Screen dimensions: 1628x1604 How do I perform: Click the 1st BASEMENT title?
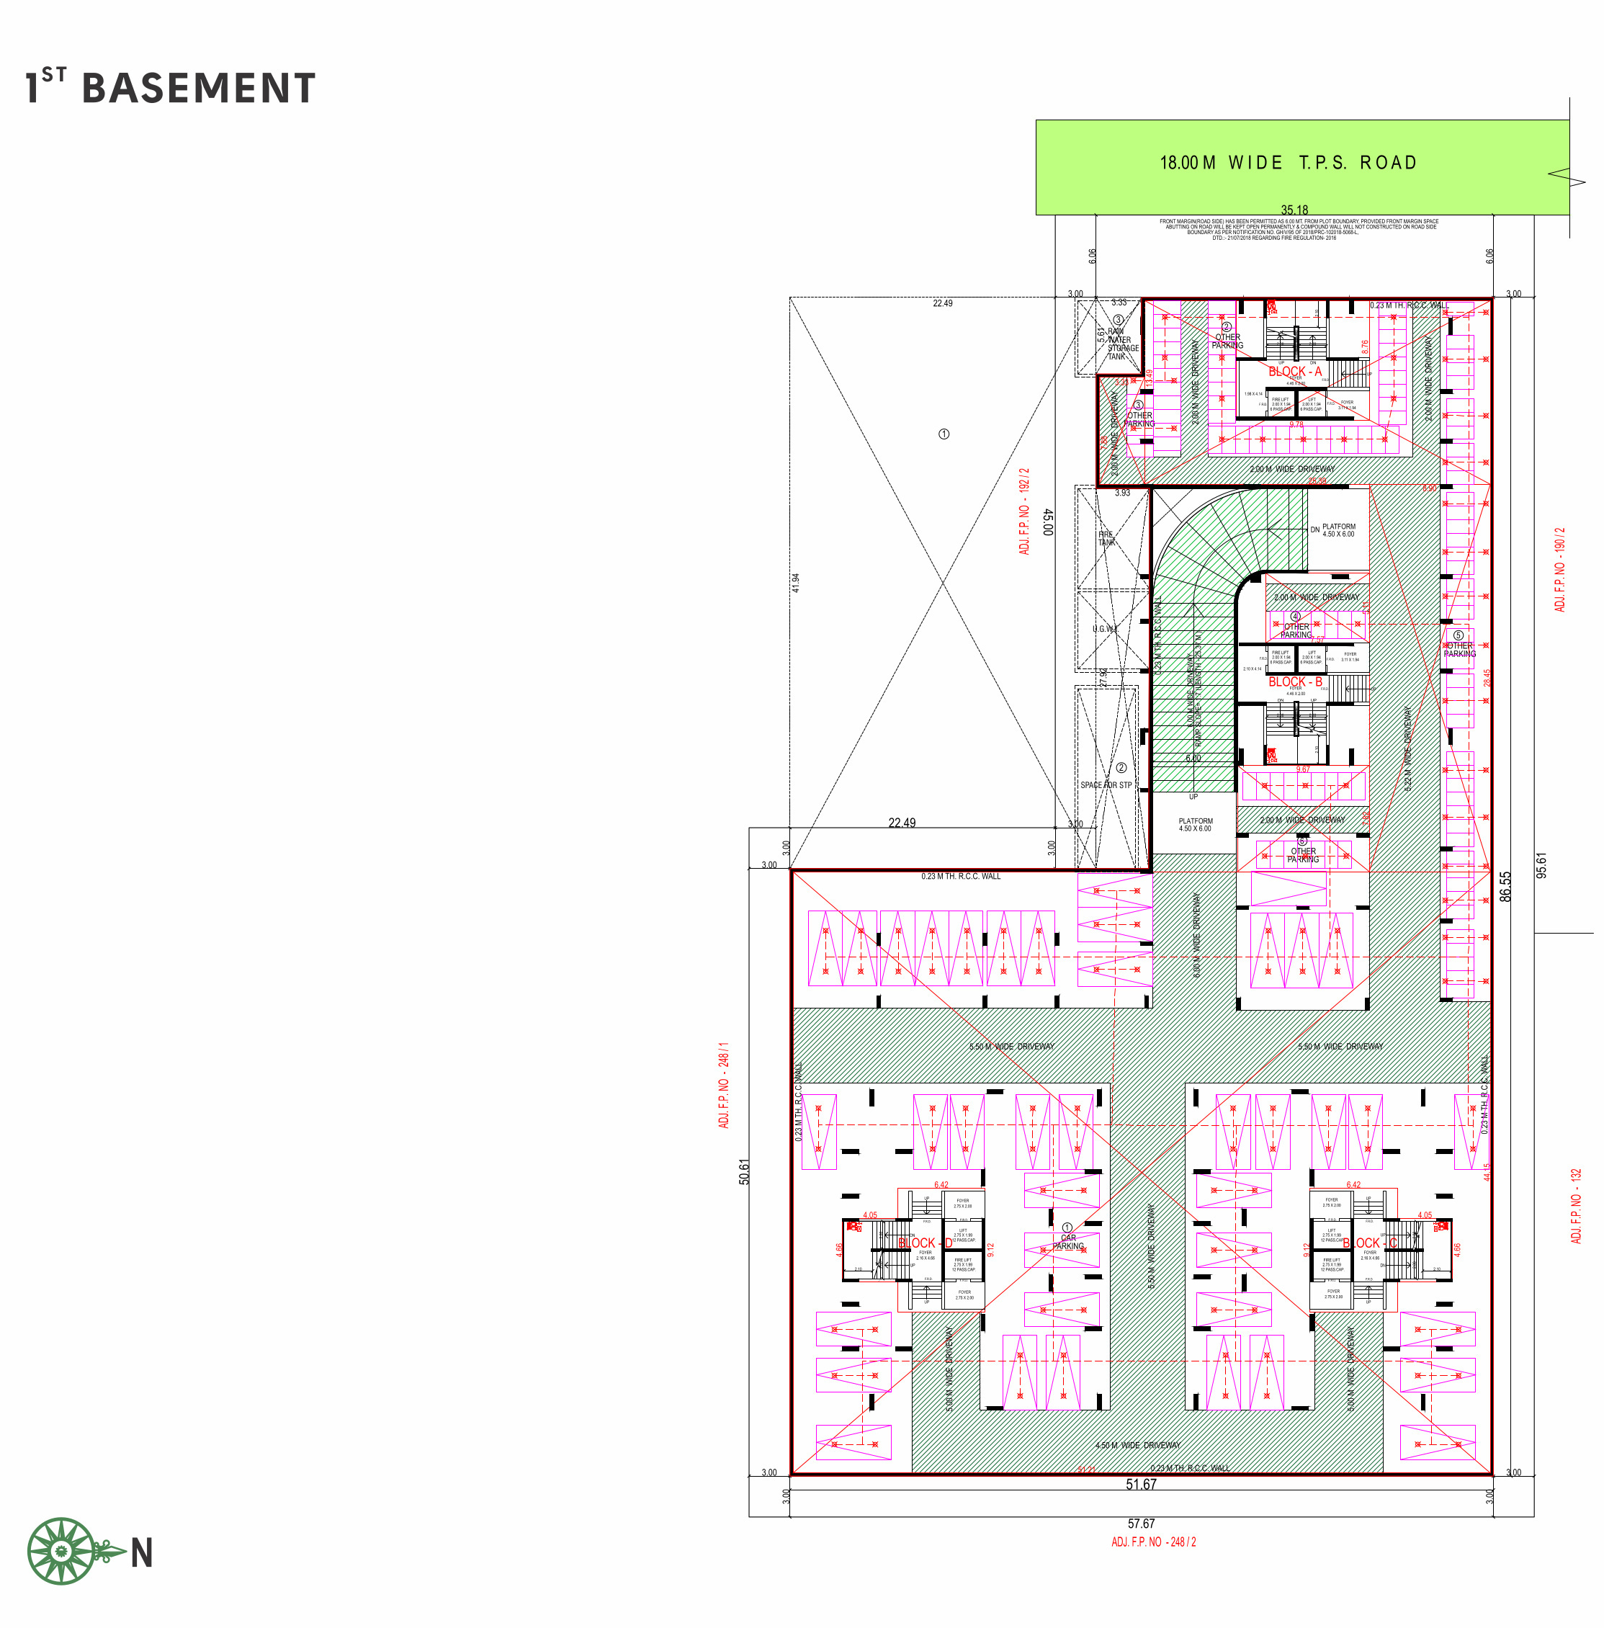click(x=171, y=88)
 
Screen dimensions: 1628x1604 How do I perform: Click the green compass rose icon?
click(x=61, y=1552)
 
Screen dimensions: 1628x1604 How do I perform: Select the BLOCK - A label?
click(x=1295, y=372)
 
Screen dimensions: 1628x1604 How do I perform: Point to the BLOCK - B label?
click(x=1295, y=681)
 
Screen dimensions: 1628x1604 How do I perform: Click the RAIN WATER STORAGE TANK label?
click(x=1121, y=344)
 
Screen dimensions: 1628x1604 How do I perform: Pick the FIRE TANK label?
click(x=1106, y=538)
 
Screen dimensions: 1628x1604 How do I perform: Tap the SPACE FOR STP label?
click(x=1106, y=784)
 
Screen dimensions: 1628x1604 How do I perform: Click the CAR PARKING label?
click(x=1068, y=1242)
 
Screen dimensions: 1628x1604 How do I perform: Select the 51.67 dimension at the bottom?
click(x=1141, y=1485)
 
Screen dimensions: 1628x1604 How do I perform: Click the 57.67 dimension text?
click(x=1141, y=1524)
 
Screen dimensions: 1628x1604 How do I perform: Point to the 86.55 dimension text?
click(x=1505, y=887)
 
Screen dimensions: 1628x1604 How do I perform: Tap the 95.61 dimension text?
click(x=1541, y=865)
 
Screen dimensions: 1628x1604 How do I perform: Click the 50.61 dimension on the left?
click(x=744, y=1172)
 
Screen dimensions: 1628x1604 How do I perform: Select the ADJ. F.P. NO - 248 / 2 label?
click(x=1153, y=1542)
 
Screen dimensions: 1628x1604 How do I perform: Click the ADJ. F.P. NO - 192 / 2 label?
click(x=1024, y=511)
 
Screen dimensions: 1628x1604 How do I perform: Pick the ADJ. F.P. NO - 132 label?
click(x=1576, y=1205)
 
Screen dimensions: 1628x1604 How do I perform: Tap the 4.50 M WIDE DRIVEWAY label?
click(x=1137, y=1445)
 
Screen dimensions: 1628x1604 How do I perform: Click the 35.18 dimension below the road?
click(x=1294, y=210)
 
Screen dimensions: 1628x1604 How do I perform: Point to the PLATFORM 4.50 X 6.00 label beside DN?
click(x=1339, y=530)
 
